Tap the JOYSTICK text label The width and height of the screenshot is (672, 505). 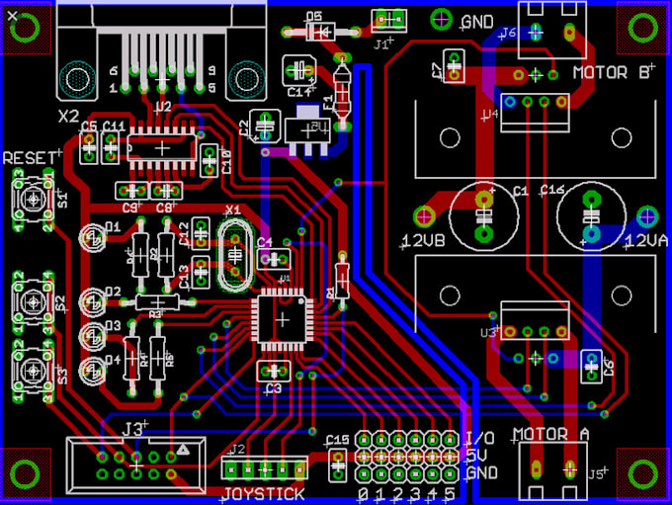263,493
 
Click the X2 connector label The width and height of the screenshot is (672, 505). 68,116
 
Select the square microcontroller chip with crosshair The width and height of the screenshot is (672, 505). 284,320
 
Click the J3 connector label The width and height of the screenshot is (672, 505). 134,428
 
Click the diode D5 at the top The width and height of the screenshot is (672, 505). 316,31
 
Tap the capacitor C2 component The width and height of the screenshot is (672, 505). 264,126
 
